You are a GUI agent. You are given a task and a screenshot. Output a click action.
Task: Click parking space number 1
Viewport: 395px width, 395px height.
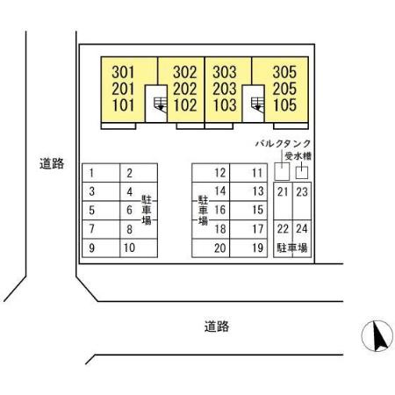point(101,173)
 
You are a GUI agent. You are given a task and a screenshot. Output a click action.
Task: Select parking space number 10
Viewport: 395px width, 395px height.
point(139,248)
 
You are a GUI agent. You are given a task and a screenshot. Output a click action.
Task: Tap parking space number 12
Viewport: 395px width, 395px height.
point(211,173)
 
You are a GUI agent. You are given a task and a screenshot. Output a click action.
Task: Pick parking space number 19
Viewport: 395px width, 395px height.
point(248,248)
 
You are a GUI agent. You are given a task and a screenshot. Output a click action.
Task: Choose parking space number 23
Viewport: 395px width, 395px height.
point(302,201)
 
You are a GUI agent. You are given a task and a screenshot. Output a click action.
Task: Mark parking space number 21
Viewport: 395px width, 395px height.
point(283,201)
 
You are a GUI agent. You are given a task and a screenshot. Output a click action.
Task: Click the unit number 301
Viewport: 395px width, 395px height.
point(123,72)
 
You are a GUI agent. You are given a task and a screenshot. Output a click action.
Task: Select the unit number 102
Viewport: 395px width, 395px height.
point(185,105)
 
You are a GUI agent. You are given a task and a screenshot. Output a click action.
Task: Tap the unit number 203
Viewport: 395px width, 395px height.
point(225,89)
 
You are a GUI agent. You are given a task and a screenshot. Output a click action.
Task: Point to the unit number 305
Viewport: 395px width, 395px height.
point(284,72)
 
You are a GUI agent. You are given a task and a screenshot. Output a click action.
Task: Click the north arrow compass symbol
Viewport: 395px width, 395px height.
point(377,336)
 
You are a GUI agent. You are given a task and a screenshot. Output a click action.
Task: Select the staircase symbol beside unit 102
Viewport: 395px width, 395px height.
point(161,104)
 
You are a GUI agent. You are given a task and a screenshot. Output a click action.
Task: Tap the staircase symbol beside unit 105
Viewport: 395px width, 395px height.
point(257,104)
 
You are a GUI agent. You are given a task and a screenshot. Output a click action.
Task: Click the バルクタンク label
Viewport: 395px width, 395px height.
point(283,143)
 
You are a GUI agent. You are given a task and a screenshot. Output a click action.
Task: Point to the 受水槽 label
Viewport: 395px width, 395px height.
point(298,156)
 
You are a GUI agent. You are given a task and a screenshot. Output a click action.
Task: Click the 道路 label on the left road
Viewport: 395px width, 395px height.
point(52,163)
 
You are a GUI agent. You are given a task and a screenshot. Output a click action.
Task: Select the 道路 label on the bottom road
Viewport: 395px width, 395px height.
point(217,327)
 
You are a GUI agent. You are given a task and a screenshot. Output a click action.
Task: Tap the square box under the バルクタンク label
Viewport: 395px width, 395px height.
point(282,171)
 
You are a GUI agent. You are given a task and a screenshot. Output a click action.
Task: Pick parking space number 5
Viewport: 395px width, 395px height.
point(101,211)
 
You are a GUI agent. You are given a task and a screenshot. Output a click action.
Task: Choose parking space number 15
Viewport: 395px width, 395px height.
point(248,211)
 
